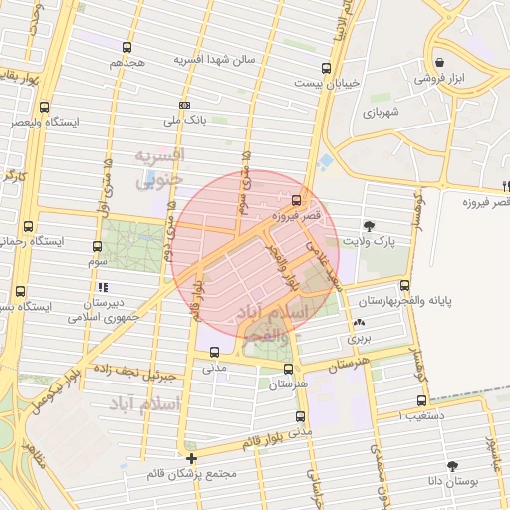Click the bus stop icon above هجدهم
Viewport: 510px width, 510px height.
click(x=127, y=47)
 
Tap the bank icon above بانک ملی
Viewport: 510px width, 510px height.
click(x=184, y=105)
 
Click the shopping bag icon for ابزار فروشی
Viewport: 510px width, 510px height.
click(x=439, y=62)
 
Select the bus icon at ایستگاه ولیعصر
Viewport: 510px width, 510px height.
click(x=44, y=107)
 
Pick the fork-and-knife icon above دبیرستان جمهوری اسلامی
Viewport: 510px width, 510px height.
click(x=104, y=287)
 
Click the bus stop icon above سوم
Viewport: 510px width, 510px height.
click(x=97, y=247)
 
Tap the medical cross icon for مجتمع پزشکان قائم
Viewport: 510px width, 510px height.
click(x=191, y=458)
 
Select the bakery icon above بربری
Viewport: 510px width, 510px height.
click(x=359, y=323)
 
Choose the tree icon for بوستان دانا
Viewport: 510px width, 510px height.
click(x=453, y=466)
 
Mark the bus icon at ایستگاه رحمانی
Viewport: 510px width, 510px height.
click(x=28, y=226)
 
